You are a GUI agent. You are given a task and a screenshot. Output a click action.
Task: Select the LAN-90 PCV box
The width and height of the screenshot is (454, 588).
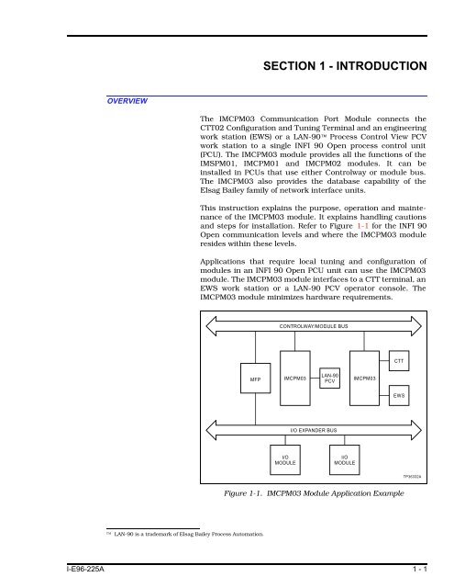tap(331, 378)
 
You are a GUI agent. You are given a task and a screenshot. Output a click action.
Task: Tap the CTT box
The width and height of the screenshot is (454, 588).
tap(399, 361)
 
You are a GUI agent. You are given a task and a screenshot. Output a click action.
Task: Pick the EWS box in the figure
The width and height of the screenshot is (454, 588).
tap(399, 395)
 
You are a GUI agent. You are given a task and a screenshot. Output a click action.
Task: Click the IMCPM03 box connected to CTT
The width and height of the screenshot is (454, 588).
tap(366, 378)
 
